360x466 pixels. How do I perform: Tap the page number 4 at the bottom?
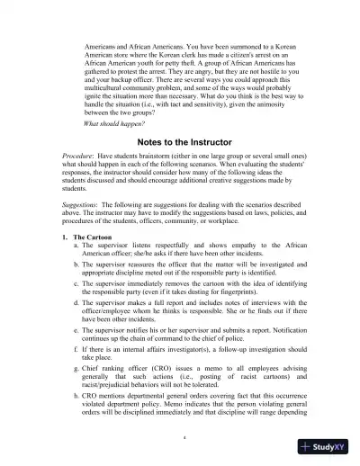click(x=183, y=438)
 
